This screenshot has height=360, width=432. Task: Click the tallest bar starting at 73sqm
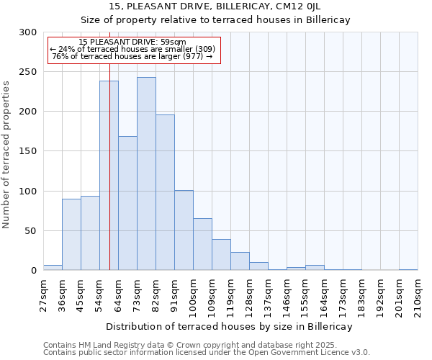click(146, 174)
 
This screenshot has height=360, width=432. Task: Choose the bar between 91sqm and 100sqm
click(184, 230)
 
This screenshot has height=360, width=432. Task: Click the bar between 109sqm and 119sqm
click(221, 255)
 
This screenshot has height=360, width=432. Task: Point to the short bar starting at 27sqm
click(53, 268)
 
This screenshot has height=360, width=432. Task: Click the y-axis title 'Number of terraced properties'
click(6, 154)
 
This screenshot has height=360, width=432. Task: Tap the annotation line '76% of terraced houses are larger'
click(132, 56)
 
